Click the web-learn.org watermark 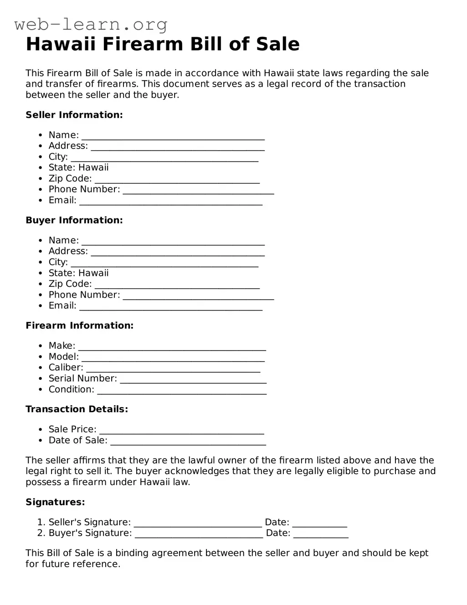[x=91, y=24]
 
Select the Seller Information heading [x=74, y=115]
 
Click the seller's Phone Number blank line [x=198, y=191]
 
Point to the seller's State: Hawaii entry [x=78, y=168]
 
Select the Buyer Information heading [x=74, y=220]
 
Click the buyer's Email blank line [x=171, y=307]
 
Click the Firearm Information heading [x=79, y=326]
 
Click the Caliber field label [x=66, y=367]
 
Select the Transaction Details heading [x=77, y=409]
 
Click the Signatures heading [x=55, y=502]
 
